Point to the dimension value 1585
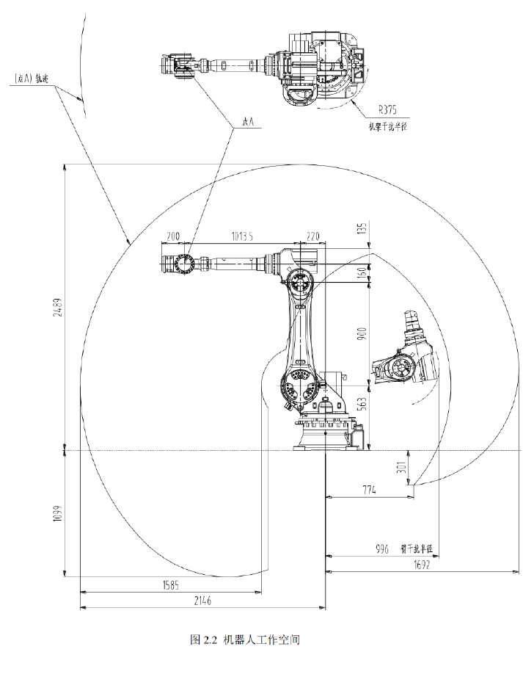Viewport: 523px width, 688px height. click(169, 584)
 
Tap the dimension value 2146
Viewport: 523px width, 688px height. click(202, 601)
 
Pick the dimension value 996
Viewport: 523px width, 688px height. click(381, 548)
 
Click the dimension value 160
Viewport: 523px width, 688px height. click(360, 272)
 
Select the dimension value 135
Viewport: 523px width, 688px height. click(360, 229)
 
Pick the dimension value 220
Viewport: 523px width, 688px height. click(313, 236)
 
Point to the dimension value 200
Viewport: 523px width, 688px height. click(173, 236)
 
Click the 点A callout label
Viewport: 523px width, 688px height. click(247, 123)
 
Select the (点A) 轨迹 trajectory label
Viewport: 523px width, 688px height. click(31, 79)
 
